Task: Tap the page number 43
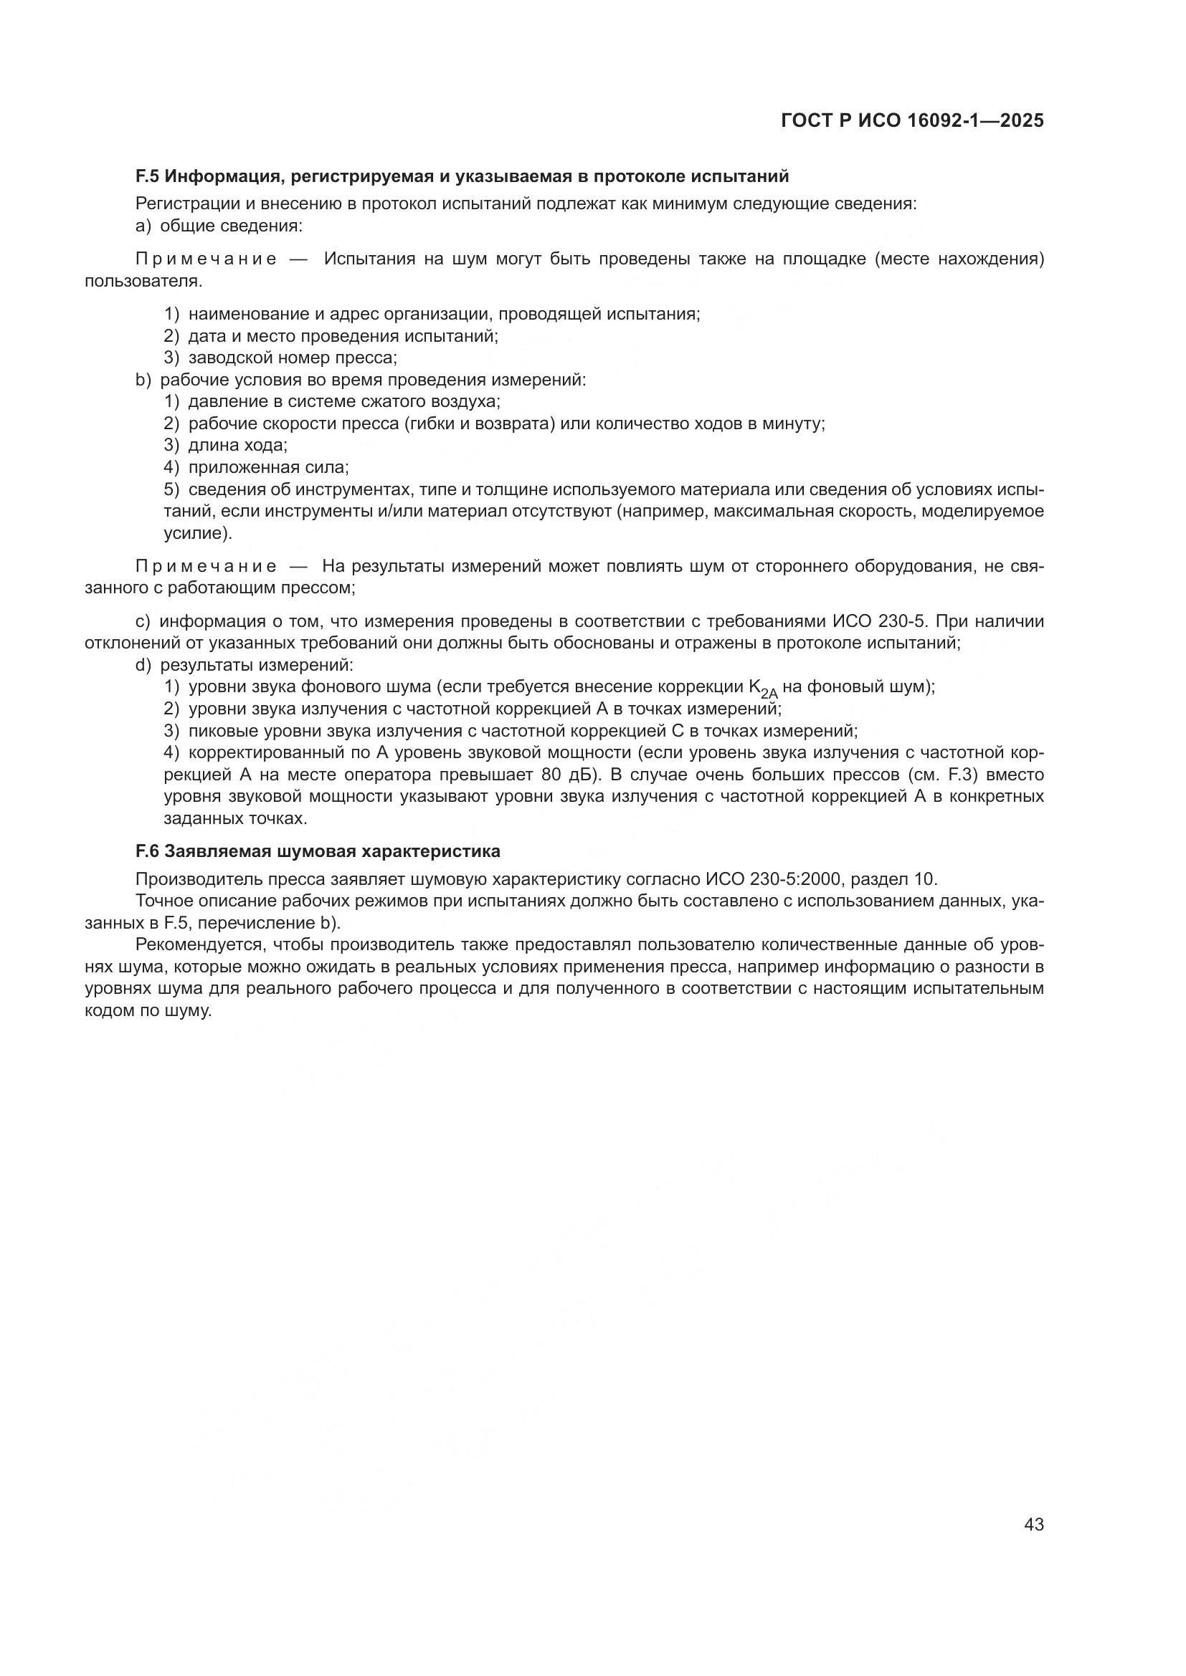click(1033, 1524)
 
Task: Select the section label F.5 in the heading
click(148, 176)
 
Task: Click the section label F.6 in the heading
click(148, 851)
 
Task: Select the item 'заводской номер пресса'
click(292, 358)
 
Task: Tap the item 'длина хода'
click(237, 445)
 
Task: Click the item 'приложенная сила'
click(268, 467)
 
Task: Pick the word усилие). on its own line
click(197, 534)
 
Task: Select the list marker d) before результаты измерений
click(143, 665)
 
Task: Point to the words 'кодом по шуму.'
click(148, 1011)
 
